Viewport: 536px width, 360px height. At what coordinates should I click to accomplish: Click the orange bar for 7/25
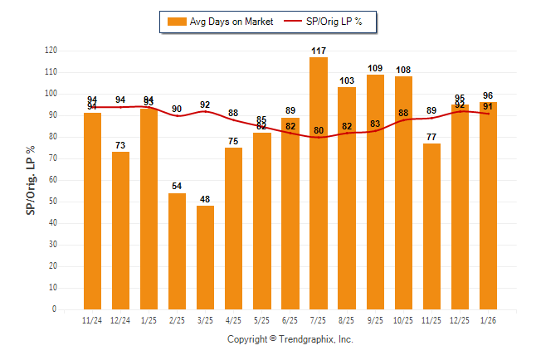(319, 182)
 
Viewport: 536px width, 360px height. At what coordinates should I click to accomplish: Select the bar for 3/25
(206, 257)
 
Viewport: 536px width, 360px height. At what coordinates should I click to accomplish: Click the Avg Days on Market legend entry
(217, 22)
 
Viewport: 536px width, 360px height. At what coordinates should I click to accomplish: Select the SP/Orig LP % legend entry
(328, 22)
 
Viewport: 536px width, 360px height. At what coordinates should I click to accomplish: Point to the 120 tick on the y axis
(51, 51)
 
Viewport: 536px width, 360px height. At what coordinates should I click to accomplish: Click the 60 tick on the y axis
(53, 180)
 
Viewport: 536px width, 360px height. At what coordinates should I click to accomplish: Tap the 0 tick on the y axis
(55, 309)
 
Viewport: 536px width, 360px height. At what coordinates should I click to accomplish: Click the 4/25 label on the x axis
(234, 320)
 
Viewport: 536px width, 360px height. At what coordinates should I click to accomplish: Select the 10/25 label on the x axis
(403, 320)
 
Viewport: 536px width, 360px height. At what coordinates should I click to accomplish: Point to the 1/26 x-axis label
(488, 320)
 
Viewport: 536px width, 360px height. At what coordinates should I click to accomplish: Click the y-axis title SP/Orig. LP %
(32, 180)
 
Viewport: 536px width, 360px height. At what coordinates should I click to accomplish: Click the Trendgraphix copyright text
(290, 339)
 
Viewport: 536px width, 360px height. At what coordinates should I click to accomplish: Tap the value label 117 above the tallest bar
(319, 51)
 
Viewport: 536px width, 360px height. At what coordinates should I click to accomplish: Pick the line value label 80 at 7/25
(319, 129)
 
